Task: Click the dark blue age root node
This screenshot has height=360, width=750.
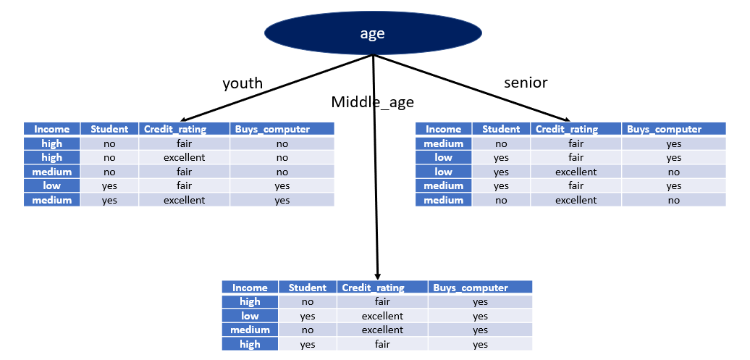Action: pos(373,33)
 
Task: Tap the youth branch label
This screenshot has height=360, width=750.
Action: pos(243,83)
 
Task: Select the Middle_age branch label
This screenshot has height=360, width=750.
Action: pos(372,102)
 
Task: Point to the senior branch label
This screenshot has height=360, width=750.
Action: pos(526,83)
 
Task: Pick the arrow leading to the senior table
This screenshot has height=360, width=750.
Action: pos(471,88)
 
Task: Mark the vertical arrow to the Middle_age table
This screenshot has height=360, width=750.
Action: pos(376,167)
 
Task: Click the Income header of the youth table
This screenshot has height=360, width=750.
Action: pos(51,129)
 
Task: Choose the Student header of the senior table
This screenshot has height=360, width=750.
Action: pos(501,129)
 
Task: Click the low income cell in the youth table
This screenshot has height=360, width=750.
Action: pos(51,186)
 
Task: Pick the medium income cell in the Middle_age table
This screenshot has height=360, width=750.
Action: pos(250,330)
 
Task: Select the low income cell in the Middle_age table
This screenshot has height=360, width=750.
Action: pos(250,316)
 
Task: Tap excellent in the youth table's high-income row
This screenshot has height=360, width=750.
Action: pos(184,157)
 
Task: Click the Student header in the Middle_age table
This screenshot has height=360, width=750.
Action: pos(307,288)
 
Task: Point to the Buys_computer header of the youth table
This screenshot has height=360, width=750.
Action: pos(281,129)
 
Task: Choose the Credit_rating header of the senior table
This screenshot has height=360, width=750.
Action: pos(567,129)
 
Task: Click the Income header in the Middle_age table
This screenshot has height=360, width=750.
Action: pos(250,288)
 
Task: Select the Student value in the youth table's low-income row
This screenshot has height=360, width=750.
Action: pos(109,186)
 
